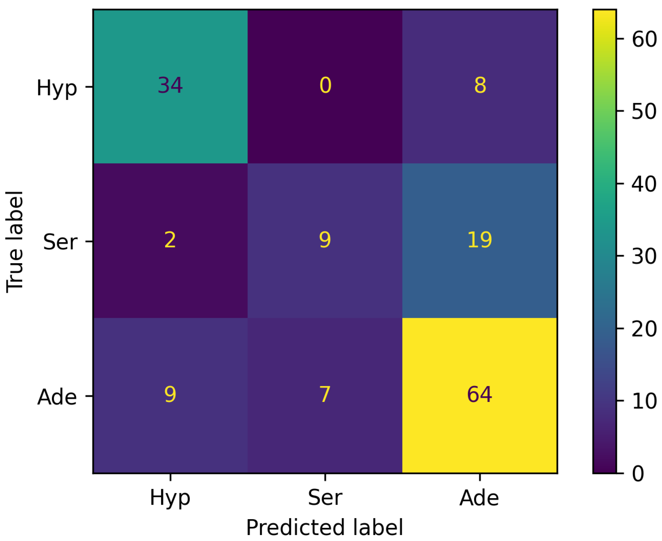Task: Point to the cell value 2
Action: pyautogui.click(x=170, y=240)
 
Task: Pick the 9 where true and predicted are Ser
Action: pyautogui.click(x=325, y=240)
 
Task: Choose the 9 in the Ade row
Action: pyautogui.click(x=170, y=394)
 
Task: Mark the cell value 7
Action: pyautogui.click(x=325, y=394)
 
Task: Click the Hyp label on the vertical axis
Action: pyautogui.click(x=57, y=88)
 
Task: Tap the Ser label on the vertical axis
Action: pyautogui.click(x=60, y=242)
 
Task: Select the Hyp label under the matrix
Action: pyautogui.click(x=170, y=498)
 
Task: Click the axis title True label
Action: pyautogui.click(x=15, y=242)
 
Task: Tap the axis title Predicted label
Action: pyautogui.click(x=325, y=528)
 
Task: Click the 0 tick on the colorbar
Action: pyautogui.click(x=638, y=474)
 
